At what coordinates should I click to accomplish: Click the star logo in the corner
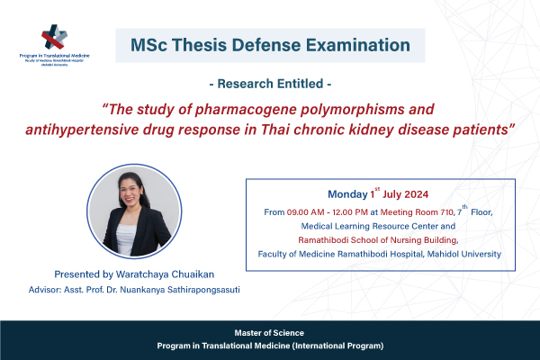point(54,37)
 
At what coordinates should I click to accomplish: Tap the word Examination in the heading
point(358,45)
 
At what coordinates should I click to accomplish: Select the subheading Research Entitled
point(270,84)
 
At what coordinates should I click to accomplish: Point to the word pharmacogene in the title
point(246,110)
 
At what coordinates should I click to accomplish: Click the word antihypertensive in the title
point(82,130)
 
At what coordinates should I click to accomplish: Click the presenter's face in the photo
point(130,193)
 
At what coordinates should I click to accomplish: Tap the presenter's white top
point(126,238)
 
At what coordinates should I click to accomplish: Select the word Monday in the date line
point(347,194)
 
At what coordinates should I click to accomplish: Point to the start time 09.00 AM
point(305,212)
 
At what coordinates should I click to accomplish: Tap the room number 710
point(447,212)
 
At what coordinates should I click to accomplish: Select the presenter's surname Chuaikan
point(193,274)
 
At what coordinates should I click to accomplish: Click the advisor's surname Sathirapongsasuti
point(203,290)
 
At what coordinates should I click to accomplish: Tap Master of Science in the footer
point(269,333)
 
